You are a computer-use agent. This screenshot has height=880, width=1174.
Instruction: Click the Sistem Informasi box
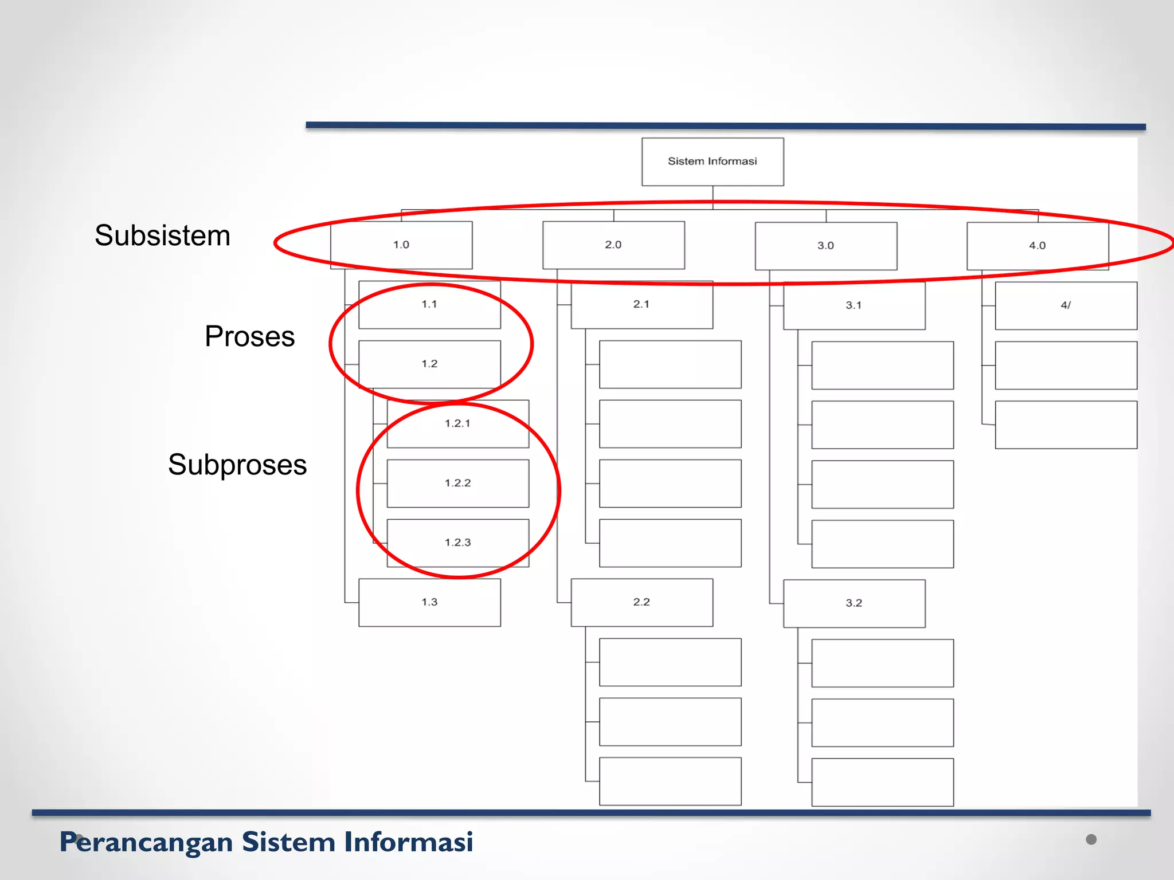pyautogui.click(x=712, y=162)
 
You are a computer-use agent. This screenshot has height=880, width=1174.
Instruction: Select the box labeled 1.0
pyautogui.click(x=401, y=245)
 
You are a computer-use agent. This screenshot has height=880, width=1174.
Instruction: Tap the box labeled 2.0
pyautogui.click(x=613, y=245)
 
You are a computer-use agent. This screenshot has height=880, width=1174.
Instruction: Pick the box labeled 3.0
pyautogui.click(x=825, y=246)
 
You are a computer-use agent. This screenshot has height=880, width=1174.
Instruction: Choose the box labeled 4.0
pyautogui.click(x=1037, y=246)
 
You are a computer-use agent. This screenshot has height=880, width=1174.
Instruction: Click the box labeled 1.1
pyautogui.click(x=429, y=305)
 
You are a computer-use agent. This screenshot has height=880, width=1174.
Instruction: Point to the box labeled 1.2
pyautogui.click(x=429, y=364)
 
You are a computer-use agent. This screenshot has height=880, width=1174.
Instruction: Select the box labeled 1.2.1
pyautogui.click(x=457, y=424)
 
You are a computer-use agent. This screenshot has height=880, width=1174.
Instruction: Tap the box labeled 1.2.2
pyautogui.click(x=457, y=484)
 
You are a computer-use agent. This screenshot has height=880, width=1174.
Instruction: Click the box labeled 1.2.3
pyautogui.click(x=457, y=543)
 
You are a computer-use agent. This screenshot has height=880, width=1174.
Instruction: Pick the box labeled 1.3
pyautogui.click(x=429, y=602)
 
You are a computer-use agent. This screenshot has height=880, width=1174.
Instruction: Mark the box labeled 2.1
pyautogui.click(x=641, y=305)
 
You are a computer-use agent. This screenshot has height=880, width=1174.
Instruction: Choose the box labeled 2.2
pyautogui.click(x=641, y=602)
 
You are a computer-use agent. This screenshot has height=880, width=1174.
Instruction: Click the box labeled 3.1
pyautogui.click(x=854, y=305)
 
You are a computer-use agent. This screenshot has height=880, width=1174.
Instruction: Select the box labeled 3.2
pyautogui.click(x=854, y=603)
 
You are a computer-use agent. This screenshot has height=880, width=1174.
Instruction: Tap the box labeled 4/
pyautogui.click(x=1066, y=305)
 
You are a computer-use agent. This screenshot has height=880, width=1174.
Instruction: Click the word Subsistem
pyautogui.click(x=162, y=235)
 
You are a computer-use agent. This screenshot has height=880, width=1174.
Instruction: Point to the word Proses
pyautogui.click(x=249, y=336)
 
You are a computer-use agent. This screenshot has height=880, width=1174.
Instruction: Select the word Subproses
pyautogui.click(x=237, y=465)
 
